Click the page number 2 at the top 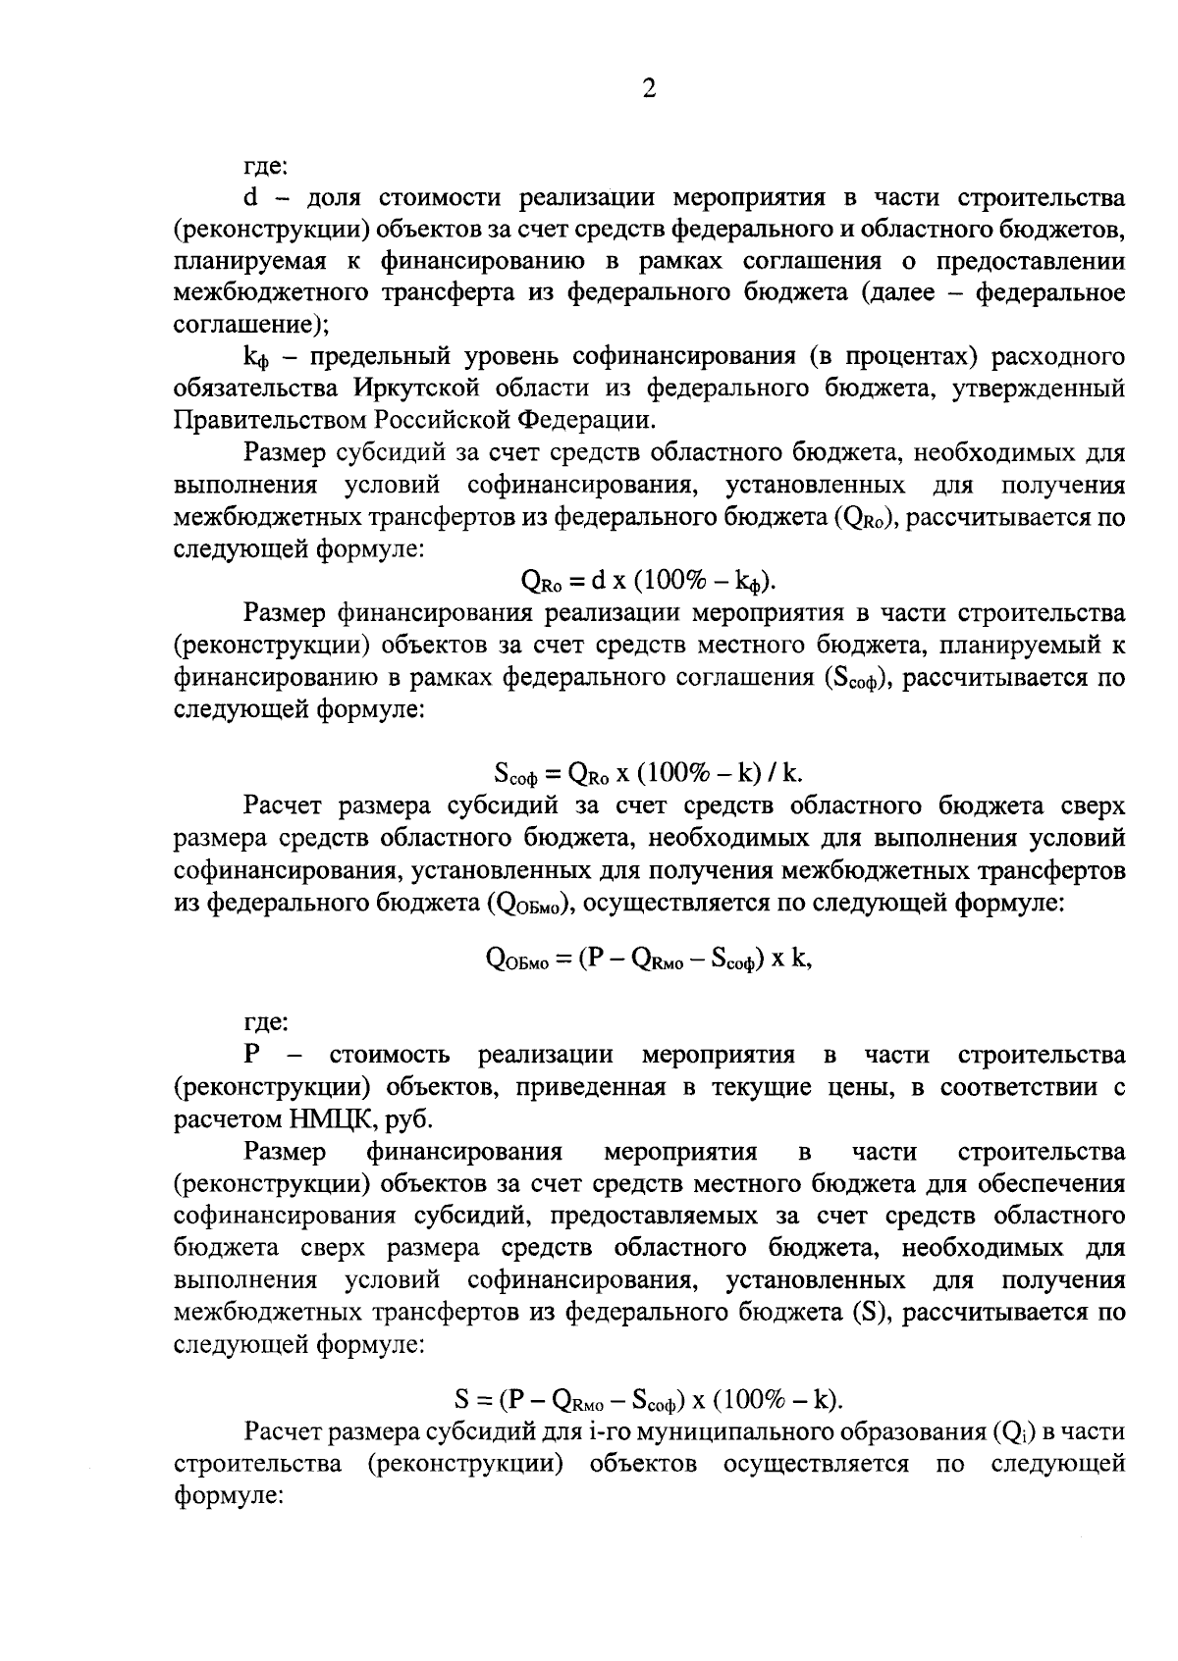[648, 89]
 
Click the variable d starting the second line [249, 198]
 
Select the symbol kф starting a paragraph [254, 357]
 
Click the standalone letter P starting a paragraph [252, 1056]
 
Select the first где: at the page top [265, 167]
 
